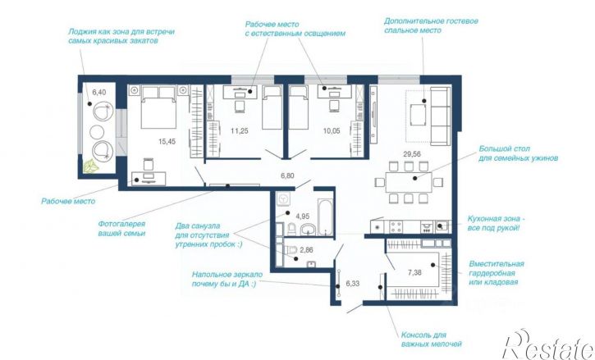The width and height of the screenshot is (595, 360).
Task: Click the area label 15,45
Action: point(167,142)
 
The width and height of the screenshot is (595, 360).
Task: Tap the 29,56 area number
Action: point(412,154)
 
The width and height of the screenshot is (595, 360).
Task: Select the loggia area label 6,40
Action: point(99,92)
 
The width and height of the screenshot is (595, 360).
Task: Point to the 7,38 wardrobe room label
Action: point(414,272)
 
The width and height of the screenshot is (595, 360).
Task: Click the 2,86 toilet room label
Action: point(306,250)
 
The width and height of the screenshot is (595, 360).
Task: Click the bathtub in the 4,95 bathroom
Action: point(325,217)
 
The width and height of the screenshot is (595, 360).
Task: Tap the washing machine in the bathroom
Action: point(282,198)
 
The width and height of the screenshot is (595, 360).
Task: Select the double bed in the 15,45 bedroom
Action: point(158,107)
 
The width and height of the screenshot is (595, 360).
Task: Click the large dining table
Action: point(409,183)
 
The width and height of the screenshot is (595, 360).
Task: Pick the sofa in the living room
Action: point(440,116)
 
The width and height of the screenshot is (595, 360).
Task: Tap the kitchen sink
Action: point(442,227)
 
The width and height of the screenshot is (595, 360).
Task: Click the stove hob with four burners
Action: point(396,227)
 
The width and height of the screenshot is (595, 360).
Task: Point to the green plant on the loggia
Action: point(91,166)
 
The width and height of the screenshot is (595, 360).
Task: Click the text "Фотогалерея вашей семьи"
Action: point(121,229)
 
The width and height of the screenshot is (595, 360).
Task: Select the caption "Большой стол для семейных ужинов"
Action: point(518,153)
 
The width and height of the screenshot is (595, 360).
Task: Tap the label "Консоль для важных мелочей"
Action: point(432,339)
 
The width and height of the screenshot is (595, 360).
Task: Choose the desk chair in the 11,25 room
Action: point(240,107)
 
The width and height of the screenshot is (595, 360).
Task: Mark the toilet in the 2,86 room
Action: point(291,249)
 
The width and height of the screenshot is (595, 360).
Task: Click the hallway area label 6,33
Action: point(353,284)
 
